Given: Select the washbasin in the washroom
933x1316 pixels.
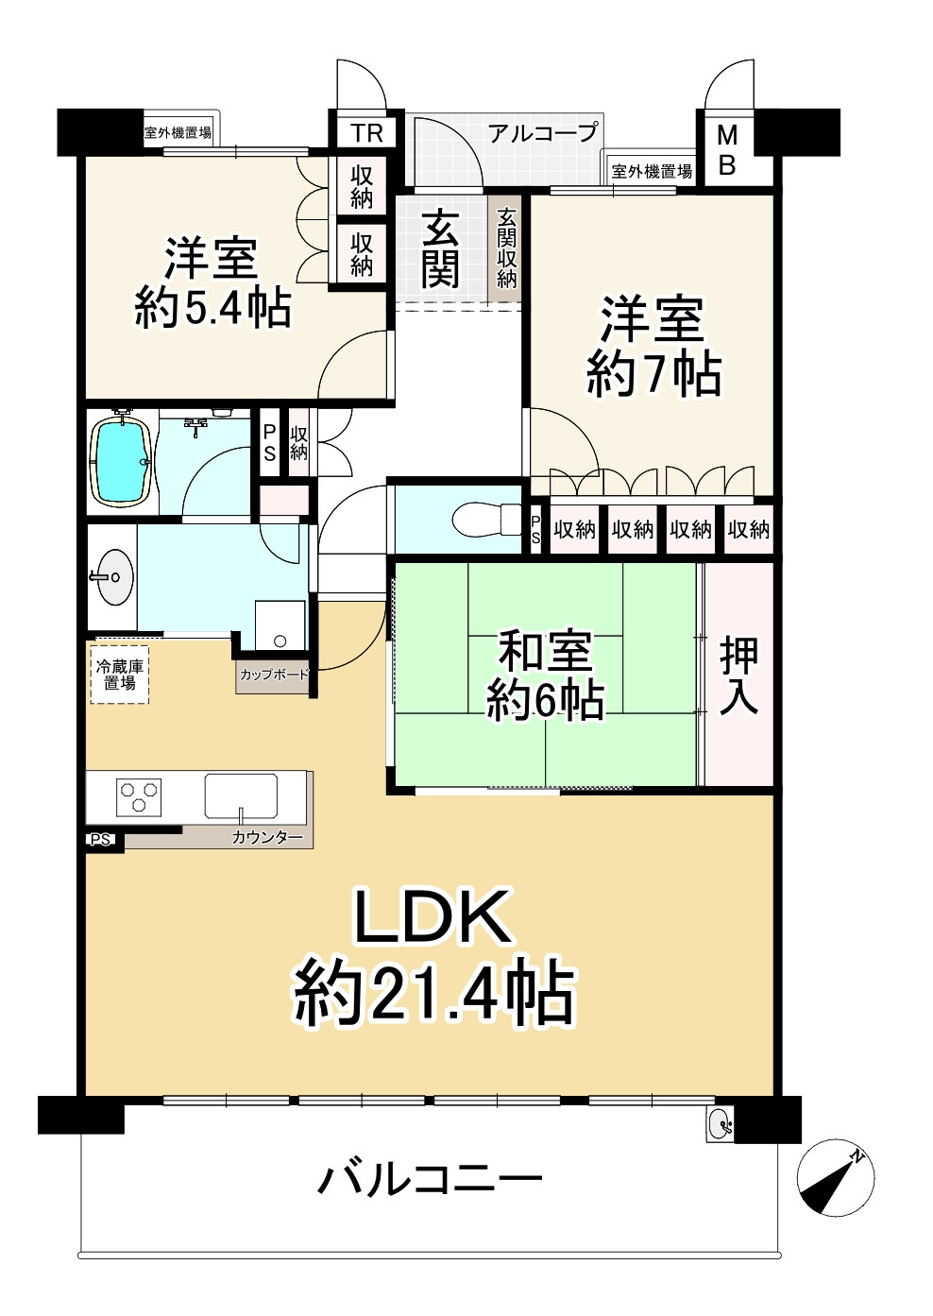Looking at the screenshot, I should click(x=114, y=575).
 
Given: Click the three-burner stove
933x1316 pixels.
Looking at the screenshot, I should click(x=139, y=796).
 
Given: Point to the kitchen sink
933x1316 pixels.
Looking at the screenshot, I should click(x=241, y=796).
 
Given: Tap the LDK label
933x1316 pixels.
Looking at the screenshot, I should click(x=433, y=916).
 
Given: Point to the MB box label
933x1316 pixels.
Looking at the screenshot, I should click(x=726, y=150).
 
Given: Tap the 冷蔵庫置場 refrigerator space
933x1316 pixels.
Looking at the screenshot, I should click(x=119, y=674).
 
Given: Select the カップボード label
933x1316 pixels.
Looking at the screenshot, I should click(x=274, y=675).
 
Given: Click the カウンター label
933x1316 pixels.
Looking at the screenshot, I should click(x=267, y=837).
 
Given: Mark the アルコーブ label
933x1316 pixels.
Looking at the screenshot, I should click(x=543, y=133).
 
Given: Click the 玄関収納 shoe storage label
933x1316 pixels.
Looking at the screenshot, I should click(x=507, y=248).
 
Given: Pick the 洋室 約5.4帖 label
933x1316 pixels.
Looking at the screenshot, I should click(x=212, y=282).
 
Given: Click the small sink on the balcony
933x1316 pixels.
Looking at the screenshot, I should click(x=720, y=1124).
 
